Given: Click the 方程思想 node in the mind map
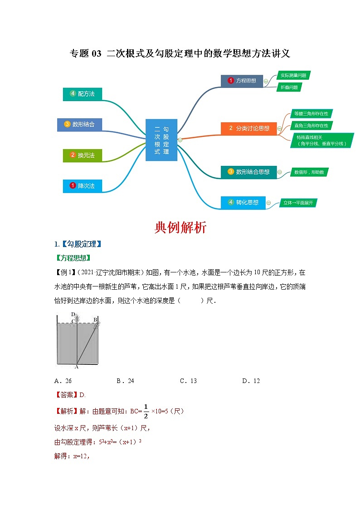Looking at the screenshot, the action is pos(242,81).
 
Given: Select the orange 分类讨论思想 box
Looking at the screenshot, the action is pos(249,128).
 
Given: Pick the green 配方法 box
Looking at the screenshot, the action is pos(82,94).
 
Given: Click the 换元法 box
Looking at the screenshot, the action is pos(82,155).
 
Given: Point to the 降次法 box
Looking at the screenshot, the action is pos(82,186).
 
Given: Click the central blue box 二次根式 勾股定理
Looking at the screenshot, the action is pos(161,140).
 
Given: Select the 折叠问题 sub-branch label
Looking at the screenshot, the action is pos(289,87).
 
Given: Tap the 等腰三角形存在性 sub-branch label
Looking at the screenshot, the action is pos(311,113).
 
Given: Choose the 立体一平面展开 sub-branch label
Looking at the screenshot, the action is pos(297,203).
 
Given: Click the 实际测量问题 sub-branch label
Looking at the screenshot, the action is pos(293,75).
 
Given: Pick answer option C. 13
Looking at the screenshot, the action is pos(188,381).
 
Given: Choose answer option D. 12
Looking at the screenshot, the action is pos(251,381).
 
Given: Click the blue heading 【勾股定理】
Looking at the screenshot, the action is pos(78,244).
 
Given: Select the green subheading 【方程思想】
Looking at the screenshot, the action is pos(73,258).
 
